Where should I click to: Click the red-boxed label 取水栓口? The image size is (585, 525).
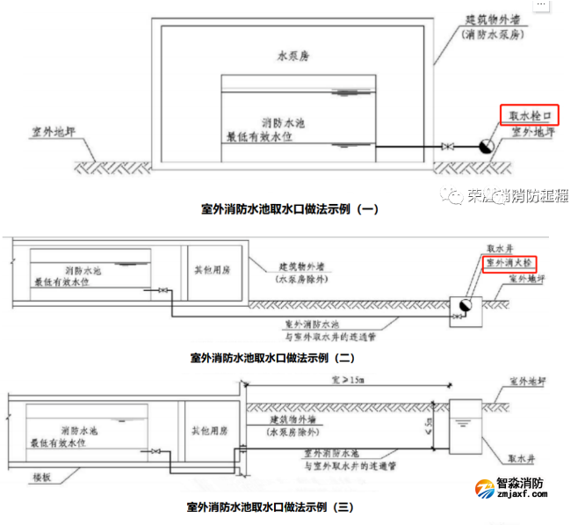[x=529, y=115]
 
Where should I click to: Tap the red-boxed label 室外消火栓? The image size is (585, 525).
[x=509, y=263]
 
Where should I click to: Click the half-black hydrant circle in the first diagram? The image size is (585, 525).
[x=486, y=147]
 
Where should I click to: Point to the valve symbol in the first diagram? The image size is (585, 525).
[x=448, y=147]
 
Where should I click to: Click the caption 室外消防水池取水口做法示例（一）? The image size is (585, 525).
[x=290, y=209]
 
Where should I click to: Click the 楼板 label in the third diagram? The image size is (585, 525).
[x=42, y=476]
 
